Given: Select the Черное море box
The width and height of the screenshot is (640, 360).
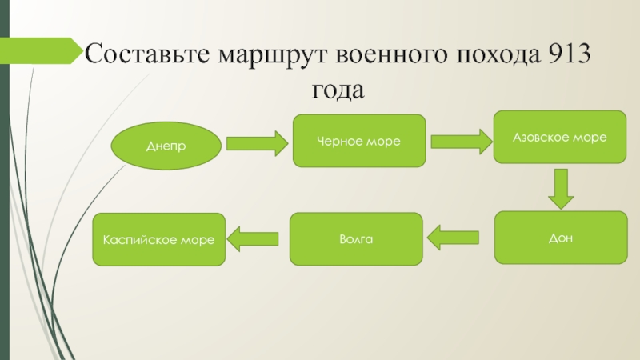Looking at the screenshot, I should pyautogui.click(x=359, y=141).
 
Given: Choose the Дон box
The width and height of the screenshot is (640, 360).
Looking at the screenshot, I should pyautogui.click(x=560, y=238).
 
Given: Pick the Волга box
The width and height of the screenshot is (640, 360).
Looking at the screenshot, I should pyautogui.click(x=356, y=238).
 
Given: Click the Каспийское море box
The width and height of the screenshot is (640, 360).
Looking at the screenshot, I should pyautogui.click(x=159, y=239).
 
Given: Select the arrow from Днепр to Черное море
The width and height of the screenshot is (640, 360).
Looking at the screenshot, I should pyautogui.click(x=257, y=143).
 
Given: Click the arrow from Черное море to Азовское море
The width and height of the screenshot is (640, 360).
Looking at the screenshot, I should pyautogui.click(x=460, y=142).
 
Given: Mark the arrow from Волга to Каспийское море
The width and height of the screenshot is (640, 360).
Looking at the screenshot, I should pyautogui.click(x=254, y=238).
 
